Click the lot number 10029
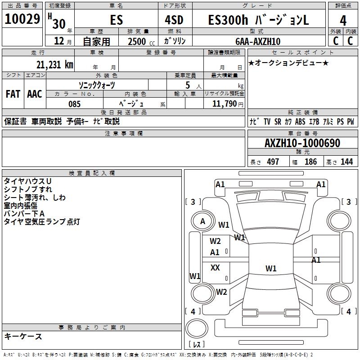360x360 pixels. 22,19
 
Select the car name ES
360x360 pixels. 116,21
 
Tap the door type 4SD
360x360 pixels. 175,20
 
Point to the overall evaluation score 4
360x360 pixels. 343,21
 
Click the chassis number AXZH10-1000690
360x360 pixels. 302,144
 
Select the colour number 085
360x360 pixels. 75,104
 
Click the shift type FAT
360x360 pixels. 13,94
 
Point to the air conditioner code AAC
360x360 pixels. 35,94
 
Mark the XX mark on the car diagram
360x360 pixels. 215,268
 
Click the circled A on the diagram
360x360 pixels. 202,221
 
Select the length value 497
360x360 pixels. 273,162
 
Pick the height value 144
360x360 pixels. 346,162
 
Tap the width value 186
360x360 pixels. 310,162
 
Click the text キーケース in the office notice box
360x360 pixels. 23,336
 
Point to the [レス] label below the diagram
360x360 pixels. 197,345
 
